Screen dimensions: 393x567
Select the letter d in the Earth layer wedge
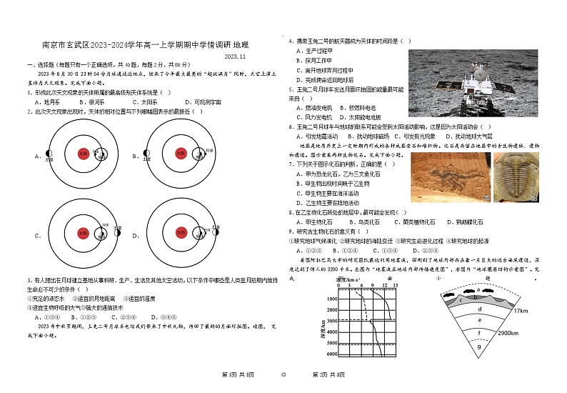[479, 309]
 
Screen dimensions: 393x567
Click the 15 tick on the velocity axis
[394, 286]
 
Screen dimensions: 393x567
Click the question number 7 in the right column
[291, 164]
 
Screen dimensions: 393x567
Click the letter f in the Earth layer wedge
[479, 333]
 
